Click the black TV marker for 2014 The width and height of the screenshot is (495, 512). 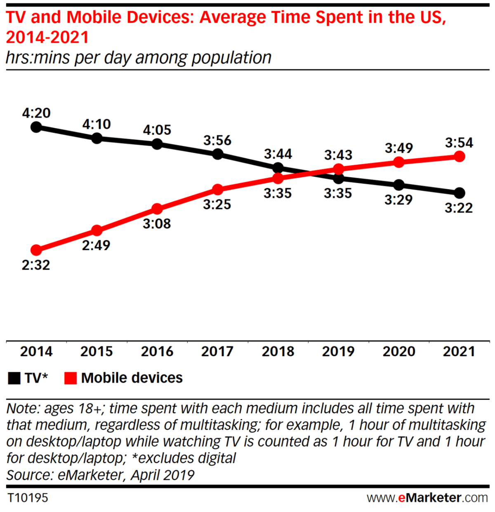(x=36, y=127)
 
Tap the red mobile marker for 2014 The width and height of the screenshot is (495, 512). (x=36, y=250)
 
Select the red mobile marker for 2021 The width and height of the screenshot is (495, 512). (x=459, y=156)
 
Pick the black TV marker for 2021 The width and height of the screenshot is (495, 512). (x=459, y=193)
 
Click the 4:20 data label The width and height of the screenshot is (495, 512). (x=36, y=113)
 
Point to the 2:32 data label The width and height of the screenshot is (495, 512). (x=36, y=265)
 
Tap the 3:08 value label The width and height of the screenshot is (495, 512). (x=157, y=224)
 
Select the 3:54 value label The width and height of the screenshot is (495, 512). (x=459, y=143)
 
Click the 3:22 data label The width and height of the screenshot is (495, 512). (x=459, y=208)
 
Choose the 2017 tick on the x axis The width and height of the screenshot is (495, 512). (x=217, y=352)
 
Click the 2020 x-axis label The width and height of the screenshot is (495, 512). (x=398, y=352)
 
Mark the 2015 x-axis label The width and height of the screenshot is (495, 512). (x=97, y=352)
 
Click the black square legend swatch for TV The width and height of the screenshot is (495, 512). (x=14, y=378)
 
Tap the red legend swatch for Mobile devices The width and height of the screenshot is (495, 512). (x=71, y=378)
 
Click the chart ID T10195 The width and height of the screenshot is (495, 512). (x=28, y=498)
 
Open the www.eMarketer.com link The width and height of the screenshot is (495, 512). (x=427, y=498)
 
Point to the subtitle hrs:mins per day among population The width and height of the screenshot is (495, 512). (x=139, y=58)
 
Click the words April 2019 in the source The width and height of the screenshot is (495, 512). (x=163, y=475)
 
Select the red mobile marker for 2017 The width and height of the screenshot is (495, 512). (x=217, y=190)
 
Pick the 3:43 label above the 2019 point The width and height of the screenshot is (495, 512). (x=338, y=155)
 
